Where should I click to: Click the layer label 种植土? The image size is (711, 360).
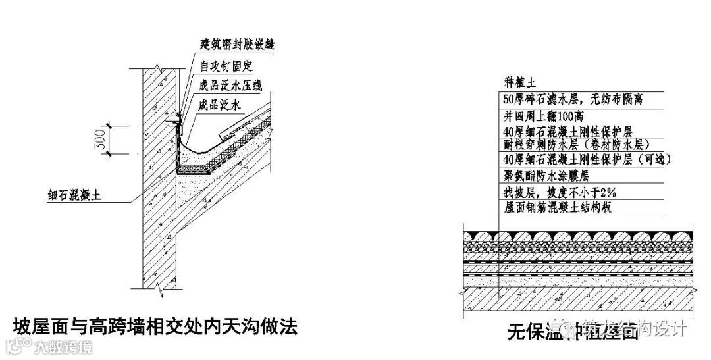point(518,82)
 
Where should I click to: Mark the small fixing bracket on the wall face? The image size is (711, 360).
point(174,120)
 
